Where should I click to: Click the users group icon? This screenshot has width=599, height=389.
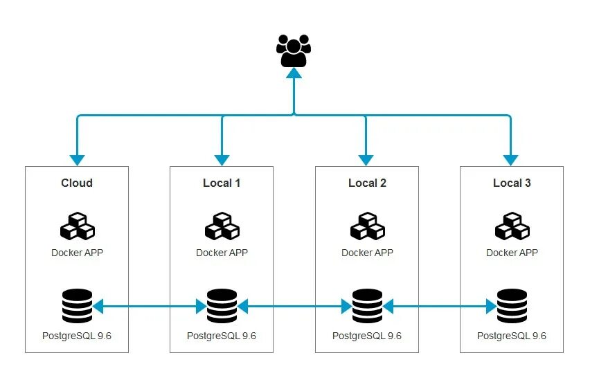click(x=294, y=51)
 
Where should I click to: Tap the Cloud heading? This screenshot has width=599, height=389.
click(x=77, y=183)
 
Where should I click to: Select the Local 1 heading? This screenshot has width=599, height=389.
click(x=222, y=183)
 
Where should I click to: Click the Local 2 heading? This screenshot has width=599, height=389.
click(x=367, y=183)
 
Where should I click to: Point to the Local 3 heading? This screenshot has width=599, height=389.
click(x=512, y=183)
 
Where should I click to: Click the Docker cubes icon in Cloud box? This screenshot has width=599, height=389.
click(x=78, y=226)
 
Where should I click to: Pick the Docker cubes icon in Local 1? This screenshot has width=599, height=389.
click(x=222, y=226)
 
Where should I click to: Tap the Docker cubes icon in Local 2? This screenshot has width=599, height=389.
click(x=368, y=226)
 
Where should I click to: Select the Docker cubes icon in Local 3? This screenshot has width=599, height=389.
click(x=512, y=226)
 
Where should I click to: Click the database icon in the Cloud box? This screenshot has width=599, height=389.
click(x=77, y=306)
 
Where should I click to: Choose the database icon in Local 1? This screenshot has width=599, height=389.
click(x=222, y=306)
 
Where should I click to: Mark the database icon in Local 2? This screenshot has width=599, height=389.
click(x=367, y=306)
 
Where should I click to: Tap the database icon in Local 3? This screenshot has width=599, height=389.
click(x=512, y=306)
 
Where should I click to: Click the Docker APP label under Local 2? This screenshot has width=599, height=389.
click(x=367, y=253)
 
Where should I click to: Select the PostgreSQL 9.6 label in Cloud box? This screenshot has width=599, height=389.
click(x=77, y=336)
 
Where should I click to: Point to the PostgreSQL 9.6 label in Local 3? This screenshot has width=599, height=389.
click(x=512, y=336)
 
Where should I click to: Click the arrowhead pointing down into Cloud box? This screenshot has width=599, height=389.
click(x=77, y=161)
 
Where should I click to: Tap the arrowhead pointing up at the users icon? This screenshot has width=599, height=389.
click(x=294, y=73)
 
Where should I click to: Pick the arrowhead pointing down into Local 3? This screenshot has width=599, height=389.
click(x=511, y=161)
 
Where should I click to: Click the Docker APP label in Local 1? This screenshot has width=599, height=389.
click(x=222, y=253)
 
